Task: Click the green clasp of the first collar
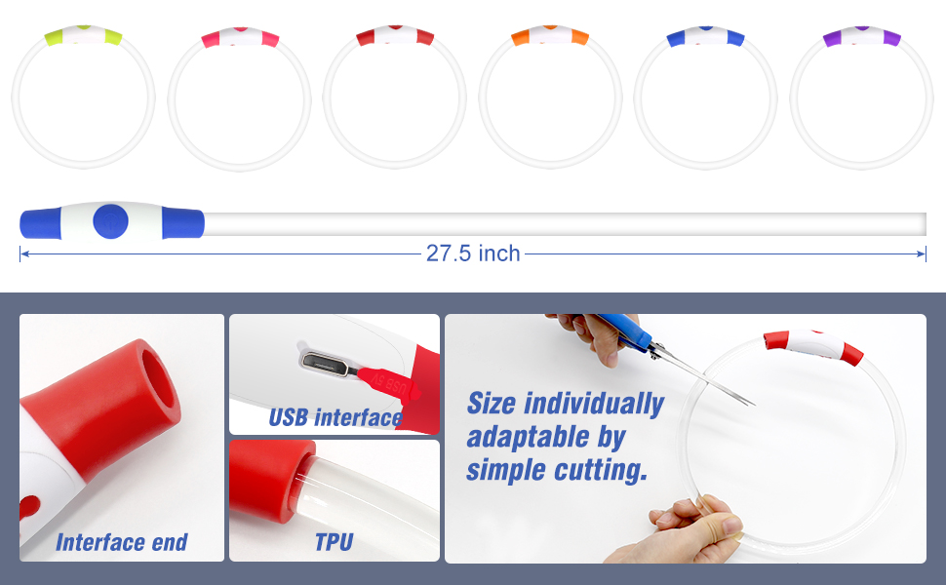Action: (x=83, y=35)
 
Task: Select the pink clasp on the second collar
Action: (x=240, y=37)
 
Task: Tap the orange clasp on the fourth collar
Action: (x=550, y=35)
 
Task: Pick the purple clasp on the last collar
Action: (x=861, y=35)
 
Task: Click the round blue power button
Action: (x=110, y=221)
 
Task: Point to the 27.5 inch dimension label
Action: (x=473, y=253)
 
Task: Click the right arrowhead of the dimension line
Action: (x=922, y=253)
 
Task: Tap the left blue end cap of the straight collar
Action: (x=40, y=223)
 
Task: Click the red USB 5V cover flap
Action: (x=389, y=385)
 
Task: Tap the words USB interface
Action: (x=335, y=417)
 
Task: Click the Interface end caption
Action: (x=122, y=542)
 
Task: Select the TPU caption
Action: (x=334, y=542)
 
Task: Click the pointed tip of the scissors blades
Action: (x=753, y=405)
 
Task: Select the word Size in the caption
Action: (x=492, y=403)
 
